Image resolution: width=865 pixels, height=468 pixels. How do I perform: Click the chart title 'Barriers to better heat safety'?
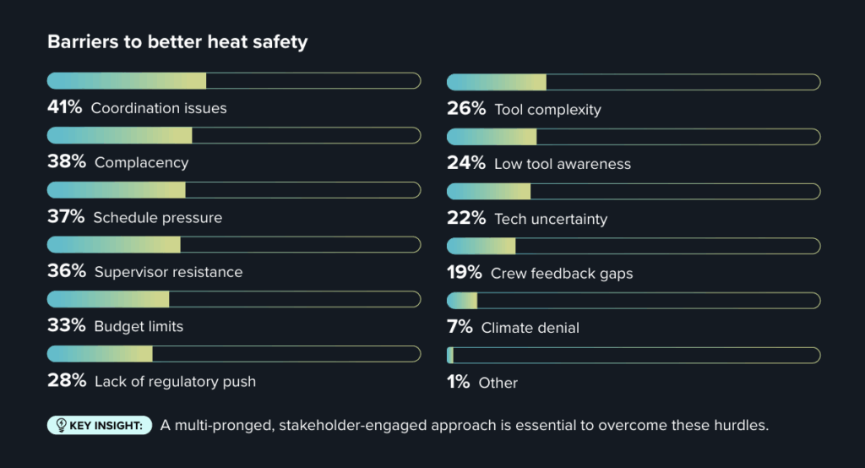pos(177,41)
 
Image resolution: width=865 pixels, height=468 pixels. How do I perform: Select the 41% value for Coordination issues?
pos(66,108)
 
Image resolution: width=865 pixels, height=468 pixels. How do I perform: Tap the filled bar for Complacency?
pos(120,135)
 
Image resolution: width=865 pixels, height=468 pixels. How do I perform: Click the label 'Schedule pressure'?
pos(158,218)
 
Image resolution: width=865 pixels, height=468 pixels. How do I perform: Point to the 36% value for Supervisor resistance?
pos(67,272)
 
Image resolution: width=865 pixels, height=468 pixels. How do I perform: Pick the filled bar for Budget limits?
pos(108,299)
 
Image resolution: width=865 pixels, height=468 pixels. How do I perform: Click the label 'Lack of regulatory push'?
pos(175,381)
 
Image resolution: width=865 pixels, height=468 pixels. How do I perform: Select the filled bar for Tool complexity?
pos(496,82)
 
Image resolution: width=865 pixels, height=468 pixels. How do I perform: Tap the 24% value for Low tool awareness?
pos(465,164)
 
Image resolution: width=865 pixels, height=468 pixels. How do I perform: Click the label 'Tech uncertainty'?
pos(551,219)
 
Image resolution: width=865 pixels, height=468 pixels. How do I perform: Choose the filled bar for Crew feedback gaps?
pos(481,246)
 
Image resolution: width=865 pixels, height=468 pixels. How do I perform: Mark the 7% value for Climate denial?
pos(460,327)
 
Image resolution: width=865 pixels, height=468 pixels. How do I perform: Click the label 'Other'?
pos(498,383)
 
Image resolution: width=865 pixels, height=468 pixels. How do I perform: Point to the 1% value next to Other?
pos(459,383)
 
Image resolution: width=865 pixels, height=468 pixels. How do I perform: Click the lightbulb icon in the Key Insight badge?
pos(61,425)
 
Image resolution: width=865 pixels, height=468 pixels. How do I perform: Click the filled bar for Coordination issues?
pos(127,81)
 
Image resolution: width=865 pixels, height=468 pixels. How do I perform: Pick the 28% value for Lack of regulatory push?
pos(67,381)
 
